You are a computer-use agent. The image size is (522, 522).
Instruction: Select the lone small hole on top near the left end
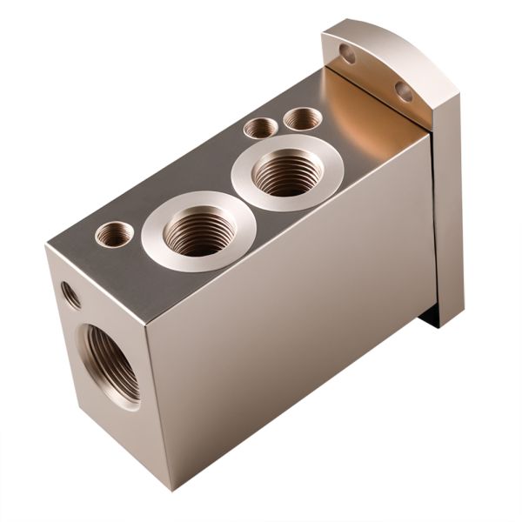click(x=114, y=233)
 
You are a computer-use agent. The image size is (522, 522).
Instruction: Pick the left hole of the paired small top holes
click(x=260, y=128)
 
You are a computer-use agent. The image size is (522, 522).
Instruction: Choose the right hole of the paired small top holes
click(x=302, y=118)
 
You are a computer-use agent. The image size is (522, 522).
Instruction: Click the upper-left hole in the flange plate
click(x=347, y=54)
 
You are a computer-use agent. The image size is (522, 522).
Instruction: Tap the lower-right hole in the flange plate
click(x=404, y=90)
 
